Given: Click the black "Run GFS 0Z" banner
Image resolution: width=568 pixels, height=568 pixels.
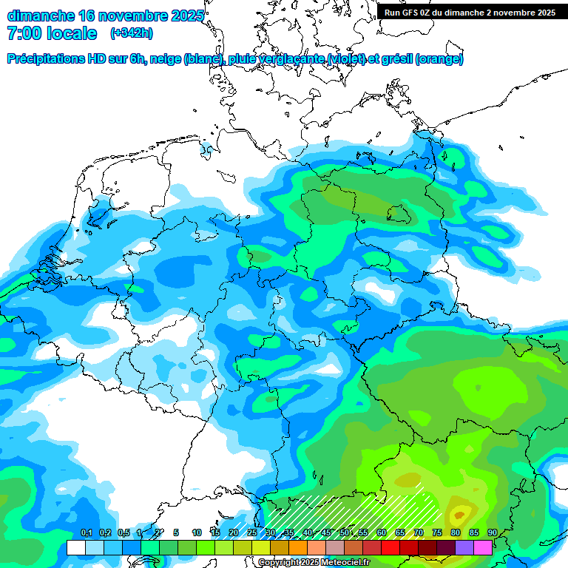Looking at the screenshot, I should pos(470,12).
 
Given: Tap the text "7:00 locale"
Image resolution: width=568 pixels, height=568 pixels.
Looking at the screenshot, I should pos(52,33).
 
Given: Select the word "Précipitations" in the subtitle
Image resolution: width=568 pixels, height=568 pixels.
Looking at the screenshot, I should pos(44,59).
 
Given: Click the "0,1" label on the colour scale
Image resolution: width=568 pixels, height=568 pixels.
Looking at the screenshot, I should pos(87,533).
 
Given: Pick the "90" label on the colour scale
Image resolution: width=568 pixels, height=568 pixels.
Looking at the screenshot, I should pos(492,533).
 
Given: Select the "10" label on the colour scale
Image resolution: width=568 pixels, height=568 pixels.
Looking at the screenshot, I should pos(197,533).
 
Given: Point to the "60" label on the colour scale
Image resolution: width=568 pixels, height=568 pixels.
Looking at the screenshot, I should pos(382,533).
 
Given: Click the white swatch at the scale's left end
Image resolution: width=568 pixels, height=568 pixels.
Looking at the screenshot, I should pos(75,547).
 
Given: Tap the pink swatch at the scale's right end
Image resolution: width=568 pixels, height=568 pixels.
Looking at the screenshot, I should pos(482,547).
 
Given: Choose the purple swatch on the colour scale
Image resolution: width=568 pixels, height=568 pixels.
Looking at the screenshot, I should pos(464,547).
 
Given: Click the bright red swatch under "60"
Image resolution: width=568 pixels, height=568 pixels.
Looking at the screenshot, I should pos(390,547).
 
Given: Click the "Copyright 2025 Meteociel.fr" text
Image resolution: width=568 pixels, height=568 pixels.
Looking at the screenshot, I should pos(314,563).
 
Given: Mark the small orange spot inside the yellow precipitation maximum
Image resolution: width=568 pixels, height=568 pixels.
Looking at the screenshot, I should pos(459,513).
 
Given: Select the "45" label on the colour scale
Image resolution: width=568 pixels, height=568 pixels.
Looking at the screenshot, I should pos(326,533).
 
